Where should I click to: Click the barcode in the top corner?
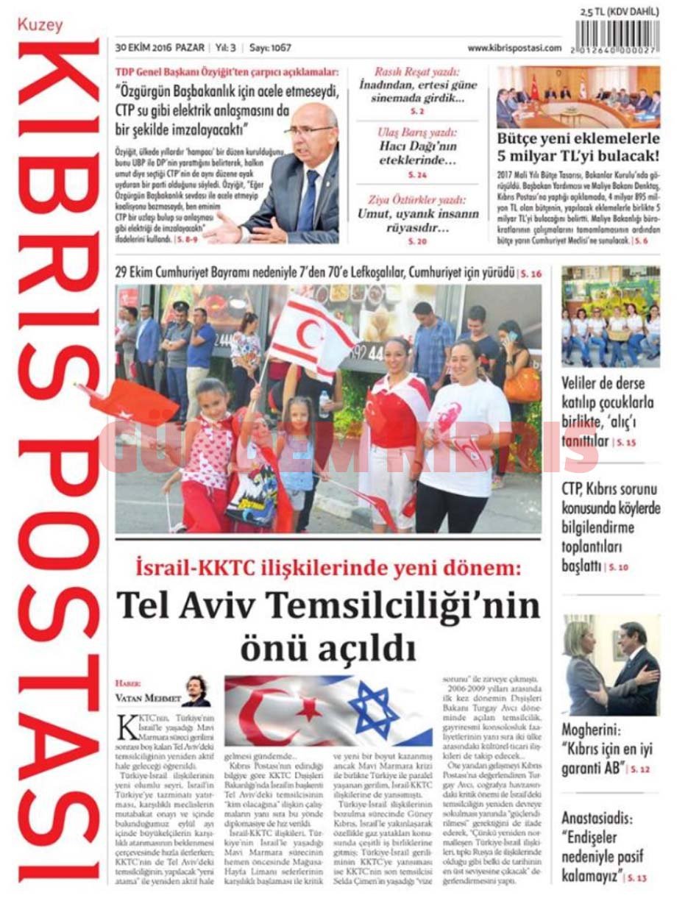click(x=617, y=35)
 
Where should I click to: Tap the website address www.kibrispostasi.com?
click(x=514, y=48)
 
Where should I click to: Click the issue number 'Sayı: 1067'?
click(x=270, y=48)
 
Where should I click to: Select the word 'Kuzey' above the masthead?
click(x=40, y=25)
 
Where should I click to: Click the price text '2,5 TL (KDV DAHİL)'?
click(x=619, y=12)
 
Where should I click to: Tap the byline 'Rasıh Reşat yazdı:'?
click(x=416, y=72)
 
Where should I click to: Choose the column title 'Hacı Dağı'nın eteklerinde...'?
click(x=417, y=152)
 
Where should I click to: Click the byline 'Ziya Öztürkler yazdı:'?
click(x=416, y=199)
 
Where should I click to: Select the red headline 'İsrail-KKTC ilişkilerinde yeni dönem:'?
click(x=327, y=568)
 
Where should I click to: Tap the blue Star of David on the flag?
click(x=373, y=709)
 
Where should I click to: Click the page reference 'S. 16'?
click(x=531, y=274)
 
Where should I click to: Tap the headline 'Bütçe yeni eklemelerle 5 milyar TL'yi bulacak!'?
click(x=578, y=147)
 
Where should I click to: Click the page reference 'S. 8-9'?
click(x=188, y=239)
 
